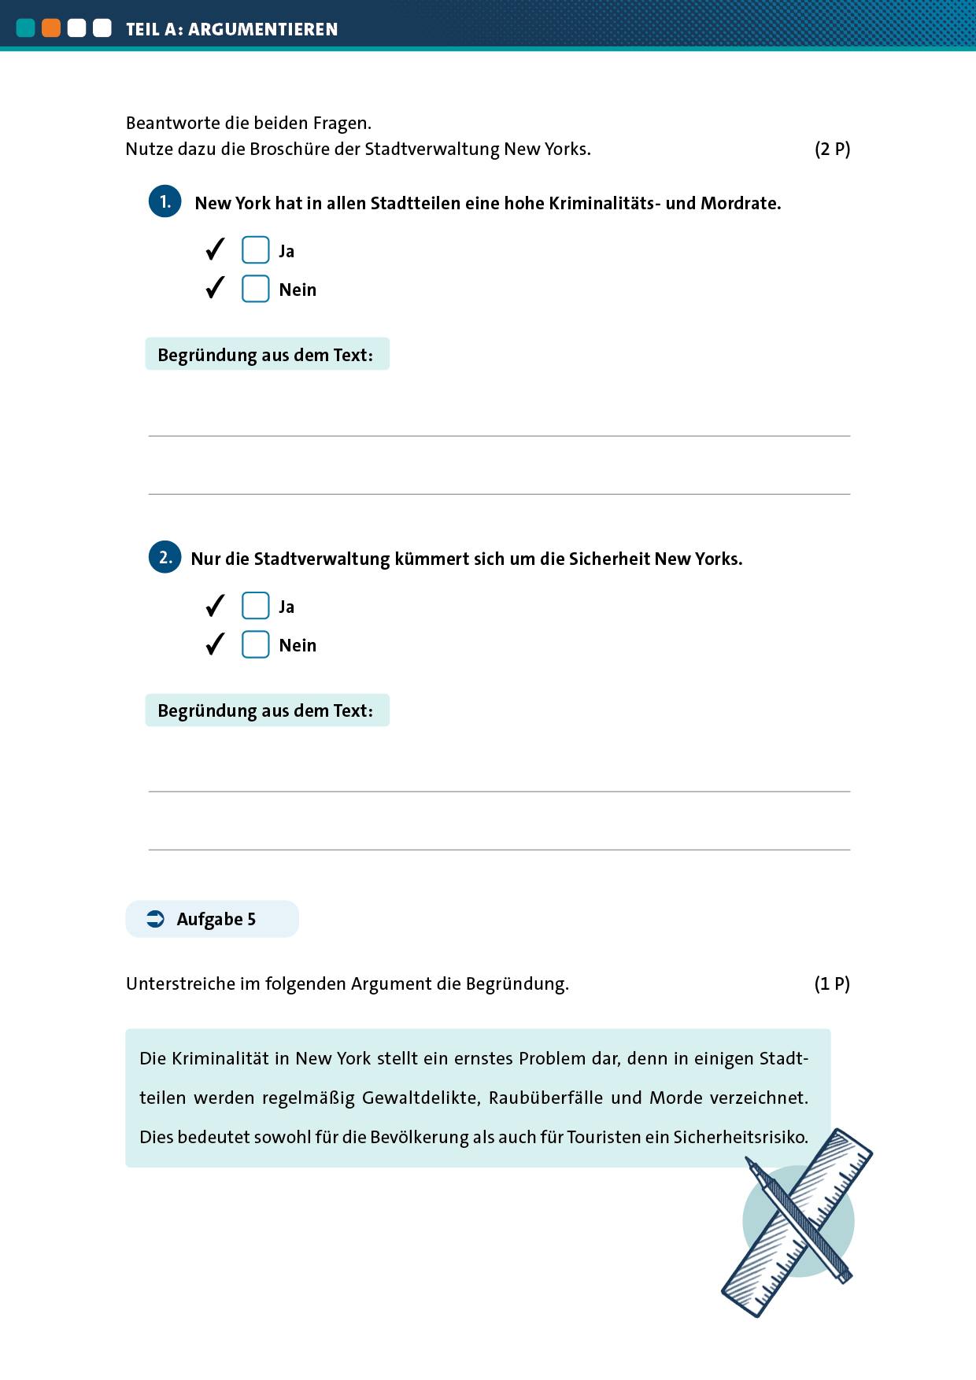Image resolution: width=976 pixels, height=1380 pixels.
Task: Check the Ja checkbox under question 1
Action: (255, 250)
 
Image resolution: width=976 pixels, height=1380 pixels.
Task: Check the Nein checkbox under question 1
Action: (255, 289)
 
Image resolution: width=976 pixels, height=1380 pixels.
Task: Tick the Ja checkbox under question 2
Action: (255, 606)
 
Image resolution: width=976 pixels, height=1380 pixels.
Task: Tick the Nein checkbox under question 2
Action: (255, 644)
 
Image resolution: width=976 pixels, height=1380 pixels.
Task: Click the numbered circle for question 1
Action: (165, 201)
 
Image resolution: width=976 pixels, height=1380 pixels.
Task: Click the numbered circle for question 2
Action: (165, 557)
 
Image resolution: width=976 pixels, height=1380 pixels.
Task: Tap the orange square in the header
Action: (51, 28)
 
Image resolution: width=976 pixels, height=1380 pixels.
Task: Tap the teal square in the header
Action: (26, 28)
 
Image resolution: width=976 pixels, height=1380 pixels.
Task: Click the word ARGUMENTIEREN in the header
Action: (263, 29)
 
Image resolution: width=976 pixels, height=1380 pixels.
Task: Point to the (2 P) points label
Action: (832, 149)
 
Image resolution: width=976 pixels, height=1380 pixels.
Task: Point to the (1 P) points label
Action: (832, 983)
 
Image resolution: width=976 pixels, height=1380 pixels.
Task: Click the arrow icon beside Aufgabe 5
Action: (156, 919)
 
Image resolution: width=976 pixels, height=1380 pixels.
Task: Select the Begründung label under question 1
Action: (266, 355)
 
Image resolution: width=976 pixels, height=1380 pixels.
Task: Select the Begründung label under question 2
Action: (266, 710)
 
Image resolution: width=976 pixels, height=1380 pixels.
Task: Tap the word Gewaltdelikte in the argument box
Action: (420, 1098)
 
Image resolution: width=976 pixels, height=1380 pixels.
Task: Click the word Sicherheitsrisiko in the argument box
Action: (740, 1137)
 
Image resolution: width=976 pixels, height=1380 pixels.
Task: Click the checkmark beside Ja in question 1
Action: (215, 249)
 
